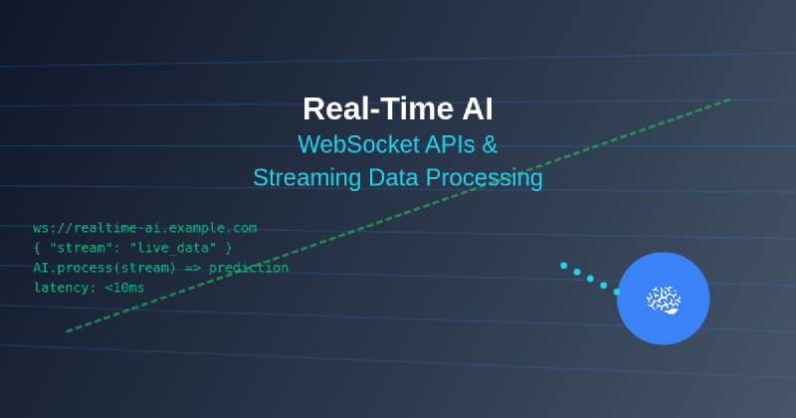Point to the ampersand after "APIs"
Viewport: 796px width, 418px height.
click(x=490, y=144)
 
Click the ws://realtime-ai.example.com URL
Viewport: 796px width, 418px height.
click(x=145, y=228)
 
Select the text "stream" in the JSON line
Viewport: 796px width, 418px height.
click(x=78, y=248)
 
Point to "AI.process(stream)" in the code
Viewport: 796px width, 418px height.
click(x=105, y=268)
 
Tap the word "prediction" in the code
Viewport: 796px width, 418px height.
click(x=249, y=268)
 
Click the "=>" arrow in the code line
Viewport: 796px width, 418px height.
click(x=192, y=268)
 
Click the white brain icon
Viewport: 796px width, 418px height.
click(x=663, y=299)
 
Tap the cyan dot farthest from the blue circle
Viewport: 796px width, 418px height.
click(x=564, y=266)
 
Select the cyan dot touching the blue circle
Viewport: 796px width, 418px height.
click(x=617, y=292)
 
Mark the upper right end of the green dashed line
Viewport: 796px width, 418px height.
click(x=729, y=100)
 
